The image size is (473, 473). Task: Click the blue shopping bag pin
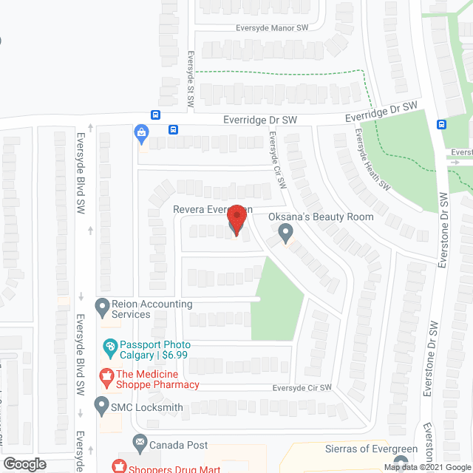point(141,133)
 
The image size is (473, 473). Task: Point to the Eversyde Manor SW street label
point(261,27)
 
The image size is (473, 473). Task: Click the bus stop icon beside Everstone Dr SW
point(441,124)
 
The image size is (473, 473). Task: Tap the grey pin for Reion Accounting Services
point(102,305)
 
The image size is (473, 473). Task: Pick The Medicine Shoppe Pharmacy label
point(157,379)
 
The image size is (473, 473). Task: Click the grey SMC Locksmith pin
point(102,406)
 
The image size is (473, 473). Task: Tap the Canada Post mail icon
point(140,444)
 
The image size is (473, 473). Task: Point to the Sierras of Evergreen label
point(372,449)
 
